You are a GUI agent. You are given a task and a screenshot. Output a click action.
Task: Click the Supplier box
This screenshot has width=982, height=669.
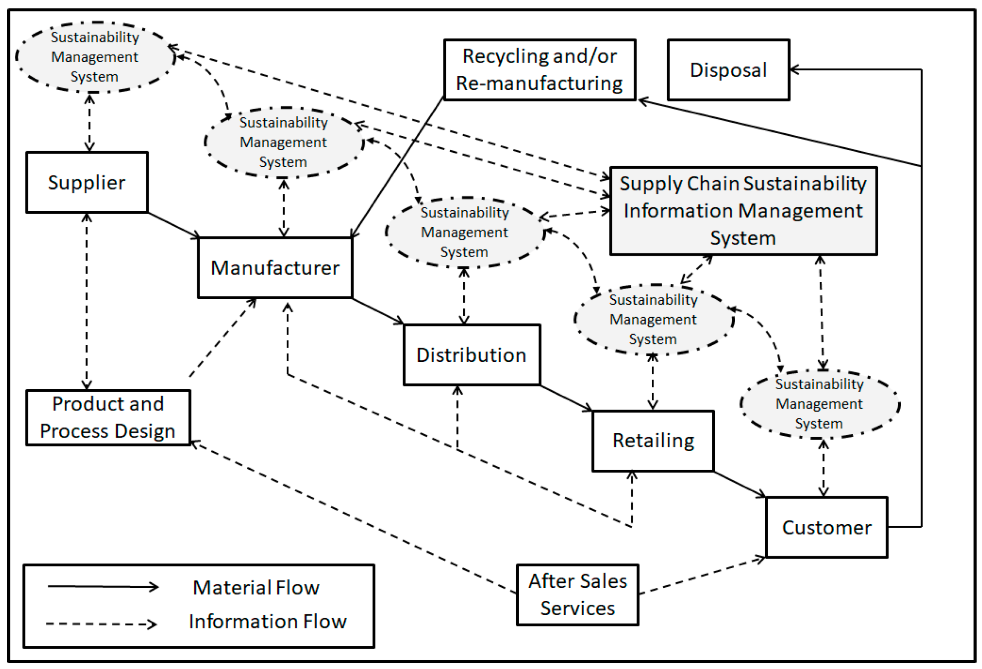[x=87, y=182]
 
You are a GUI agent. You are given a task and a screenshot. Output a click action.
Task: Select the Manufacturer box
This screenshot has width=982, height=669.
[x=275, y=268]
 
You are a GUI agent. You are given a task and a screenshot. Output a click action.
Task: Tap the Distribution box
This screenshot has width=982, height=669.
[x=471, y=355]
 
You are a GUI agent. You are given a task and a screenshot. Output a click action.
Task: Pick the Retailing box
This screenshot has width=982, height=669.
[x=653, y=441]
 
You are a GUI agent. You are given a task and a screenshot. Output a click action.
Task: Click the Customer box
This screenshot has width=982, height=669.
[x=826, y=528]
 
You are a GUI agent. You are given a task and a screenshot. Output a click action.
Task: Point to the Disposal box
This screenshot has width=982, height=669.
[x=728, y=70]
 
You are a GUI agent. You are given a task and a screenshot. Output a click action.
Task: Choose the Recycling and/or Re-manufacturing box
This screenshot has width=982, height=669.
[x=539, y=70]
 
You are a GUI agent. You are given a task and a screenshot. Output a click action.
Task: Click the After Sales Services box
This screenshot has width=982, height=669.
[x=577, y=595]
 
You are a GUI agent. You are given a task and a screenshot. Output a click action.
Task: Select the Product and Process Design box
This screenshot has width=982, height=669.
[x=108, y=418]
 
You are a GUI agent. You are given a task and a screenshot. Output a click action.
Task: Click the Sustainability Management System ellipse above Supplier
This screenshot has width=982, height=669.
[x=95, y=57]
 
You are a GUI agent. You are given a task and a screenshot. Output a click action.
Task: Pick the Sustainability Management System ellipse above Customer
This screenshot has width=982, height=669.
[x=819, y=404]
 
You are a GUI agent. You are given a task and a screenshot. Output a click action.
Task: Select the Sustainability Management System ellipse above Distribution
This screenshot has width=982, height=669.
[x=465, y=232]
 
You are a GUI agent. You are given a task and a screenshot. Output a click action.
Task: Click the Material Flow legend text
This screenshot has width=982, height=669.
[x=256, y=588]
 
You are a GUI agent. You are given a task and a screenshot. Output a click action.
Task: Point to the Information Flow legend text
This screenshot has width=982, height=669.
[x=268, y=622]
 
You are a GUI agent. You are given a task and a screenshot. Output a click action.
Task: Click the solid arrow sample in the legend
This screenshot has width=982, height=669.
[x=103, y=587]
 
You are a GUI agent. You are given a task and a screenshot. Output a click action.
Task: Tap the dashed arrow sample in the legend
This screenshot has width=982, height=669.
[x=102, y=624]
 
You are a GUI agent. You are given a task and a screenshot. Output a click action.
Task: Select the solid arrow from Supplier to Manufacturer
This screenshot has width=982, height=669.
[x=174, y=225]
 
